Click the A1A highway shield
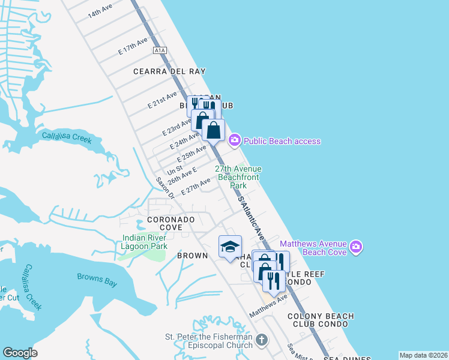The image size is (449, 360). click(159, 50)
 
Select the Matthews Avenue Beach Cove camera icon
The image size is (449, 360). click(356, 247)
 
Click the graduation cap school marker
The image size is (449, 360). click(230, 247)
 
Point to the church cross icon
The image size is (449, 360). click(261, 340)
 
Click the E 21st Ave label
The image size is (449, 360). click(163, 100)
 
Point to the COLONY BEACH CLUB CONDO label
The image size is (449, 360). click(321, 320)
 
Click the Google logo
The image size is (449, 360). click(20, 353)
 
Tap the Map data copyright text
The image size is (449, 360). click(423, 355)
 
